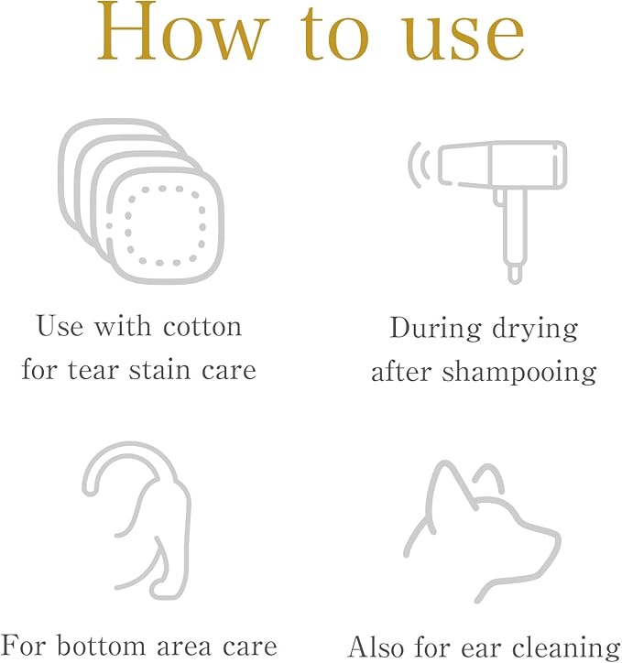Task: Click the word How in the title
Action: click(182, 32)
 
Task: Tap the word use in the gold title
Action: click(463, 38)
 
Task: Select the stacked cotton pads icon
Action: click(141, 201)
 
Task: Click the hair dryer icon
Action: click(487, 211)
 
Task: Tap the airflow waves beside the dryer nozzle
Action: click(419, 165)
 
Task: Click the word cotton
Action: click(202, 327)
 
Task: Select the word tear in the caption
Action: click(93, 370)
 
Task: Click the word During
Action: click(435, 329)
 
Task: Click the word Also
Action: click(376, 647)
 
